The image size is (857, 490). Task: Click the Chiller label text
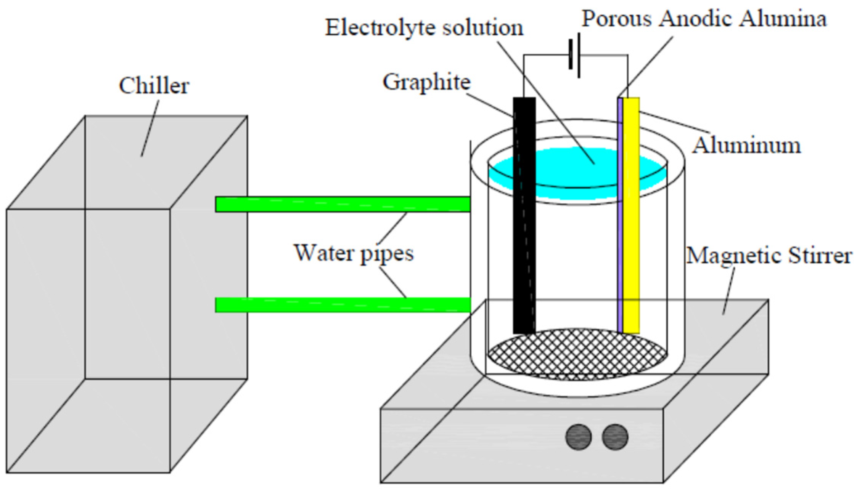tap(154, 86)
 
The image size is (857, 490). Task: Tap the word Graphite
tap(426, 82)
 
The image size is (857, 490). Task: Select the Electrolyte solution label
tap(424, 28)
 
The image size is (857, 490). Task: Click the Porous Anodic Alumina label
tap(704, 19)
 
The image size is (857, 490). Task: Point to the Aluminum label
tap(746, 146)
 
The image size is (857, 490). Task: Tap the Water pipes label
tap(354, 253)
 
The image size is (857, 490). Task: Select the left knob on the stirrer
tap(578, 437)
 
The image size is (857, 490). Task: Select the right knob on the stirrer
tap(615, 437)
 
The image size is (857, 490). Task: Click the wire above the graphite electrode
tap(524, 76)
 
